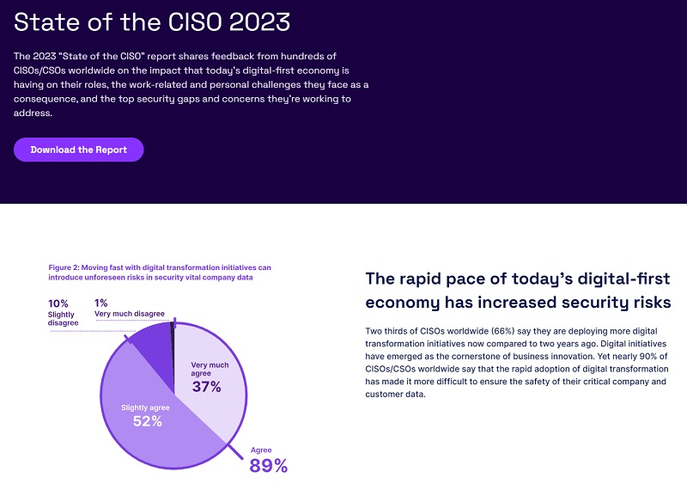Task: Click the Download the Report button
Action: (x=78, y=150)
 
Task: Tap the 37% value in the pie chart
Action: (x=206, y=387)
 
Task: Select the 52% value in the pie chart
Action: (x=148, y=421)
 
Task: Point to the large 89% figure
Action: (x=268, y=466)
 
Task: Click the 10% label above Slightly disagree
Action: (x=58, y=303)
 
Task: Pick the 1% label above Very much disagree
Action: (x=101, y=303)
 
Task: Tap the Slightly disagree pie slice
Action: (x=151, y=340)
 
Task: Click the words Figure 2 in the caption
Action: (x=65, y=267)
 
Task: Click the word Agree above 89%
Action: (x=260, y=450)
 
